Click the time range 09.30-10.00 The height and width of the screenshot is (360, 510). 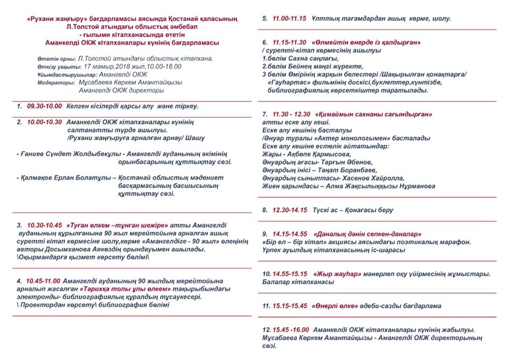(44, 106)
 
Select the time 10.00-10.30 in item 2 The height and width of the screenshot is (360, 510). (45, 122)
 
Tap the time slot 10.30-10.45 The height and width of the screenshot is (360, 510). (45, 225)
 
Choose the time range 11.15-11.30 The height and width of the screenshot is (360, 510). (290, 42)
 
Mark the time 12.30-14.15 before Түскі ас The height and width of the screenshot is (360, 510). (290, 210)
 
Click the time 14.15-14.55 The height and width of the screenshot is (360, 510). (290, 234)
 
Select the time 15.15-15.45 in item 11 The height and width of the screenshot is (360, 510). (290, 306)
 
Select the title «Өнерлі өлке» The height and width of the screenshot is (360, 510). (334, 306)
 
